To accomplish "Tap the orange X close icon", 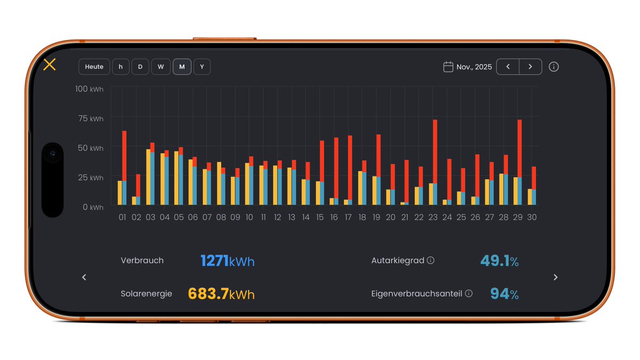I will pyautogui.click(x=50, y=65).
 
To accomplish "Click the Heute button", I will pyautogui.click(x=94, y=67).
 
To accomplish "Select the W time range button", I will pyautogui.click(x=161, y=67).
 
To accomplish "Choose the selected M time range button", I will pyautogui.click(x=182, y=67).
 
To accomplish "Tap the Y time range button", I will pyautogui.click(x=202, y=67).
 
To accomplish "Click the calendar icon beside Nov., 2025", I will pyautogui.click(x=448, y=67).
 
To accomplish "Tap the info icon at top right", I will pyautogui.click(x=554, y=67).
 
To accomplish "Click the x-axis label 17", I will pyautogui.click(x=348, y=218).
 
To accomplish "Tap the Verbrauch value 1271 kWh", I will pyautogui.click(x=227, y=261).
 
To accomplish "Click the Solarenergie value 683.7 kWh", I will pyautogui.click(x=221, y=294).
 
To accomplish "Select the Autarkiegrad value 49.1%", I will pyautogui.click(x=499, y=261).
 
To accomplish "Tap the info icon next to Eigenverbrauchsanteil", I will pyautogui.click(x=468, y=293).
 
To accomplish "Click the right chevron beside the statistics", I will pyautogui.click(x=555, y=277).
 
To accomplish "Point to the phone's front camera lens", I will pyautogui.click(x=52, y=154).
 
